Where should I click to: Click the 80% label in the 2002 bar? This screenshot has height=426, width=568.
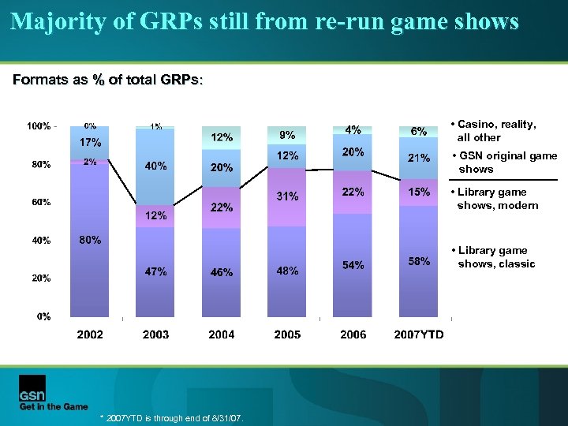click(90, 240)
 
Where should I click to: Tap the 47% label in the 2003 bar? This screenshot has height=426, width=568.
click(155, 271)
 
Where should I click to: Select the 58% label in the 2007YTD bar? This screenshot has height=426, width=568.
click(419, 261)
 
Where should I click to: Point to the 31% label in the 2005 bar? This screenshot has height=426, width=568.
click(287, 196)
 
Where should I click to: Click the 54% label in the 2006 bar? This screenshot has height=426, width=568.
click(353, 265)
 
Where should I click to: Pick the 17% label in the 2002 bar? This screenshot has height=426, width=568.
click(90, 143)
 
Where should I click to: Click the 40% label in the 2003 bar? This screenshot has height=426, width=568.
click(155, 166)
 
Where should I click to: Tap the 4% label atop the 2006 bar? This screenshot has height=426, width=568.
click(353, 129)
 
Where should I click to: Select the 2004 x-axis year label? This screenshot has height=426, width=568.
click(222, 334)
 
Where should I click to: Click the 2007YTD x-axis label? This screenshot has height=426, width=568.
click(419, 334)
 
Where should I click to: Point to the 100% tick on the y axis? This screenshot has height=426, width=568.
click(39, 126)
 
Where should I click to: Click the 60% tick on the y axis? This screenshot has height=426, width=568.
click(41, 202)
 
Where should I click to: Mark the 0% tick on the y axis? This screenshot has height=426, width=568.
click(44, 316)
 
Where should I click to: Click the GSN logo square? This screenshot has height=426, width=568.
click(32, 388)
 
